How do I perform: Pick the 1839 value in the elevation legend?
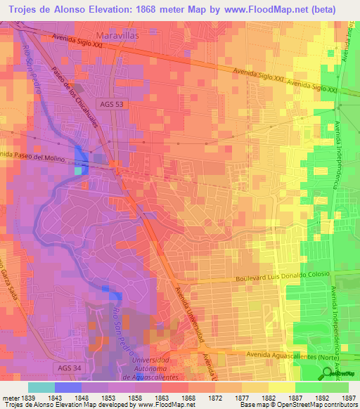(x=28, y=397)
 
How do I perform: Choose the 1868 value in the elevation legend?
(x=188, y=397)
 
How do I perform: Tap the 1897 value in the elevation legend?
(x=348, y=397)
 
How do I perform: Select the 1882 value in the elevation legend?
(x=269, y=397)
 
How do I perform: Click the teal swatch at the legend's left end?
(x=41, y=387)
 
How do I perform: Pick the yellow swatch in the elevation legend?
(x=281, y=387)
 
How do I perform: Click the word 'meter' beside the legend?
(x=10, y=397)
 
